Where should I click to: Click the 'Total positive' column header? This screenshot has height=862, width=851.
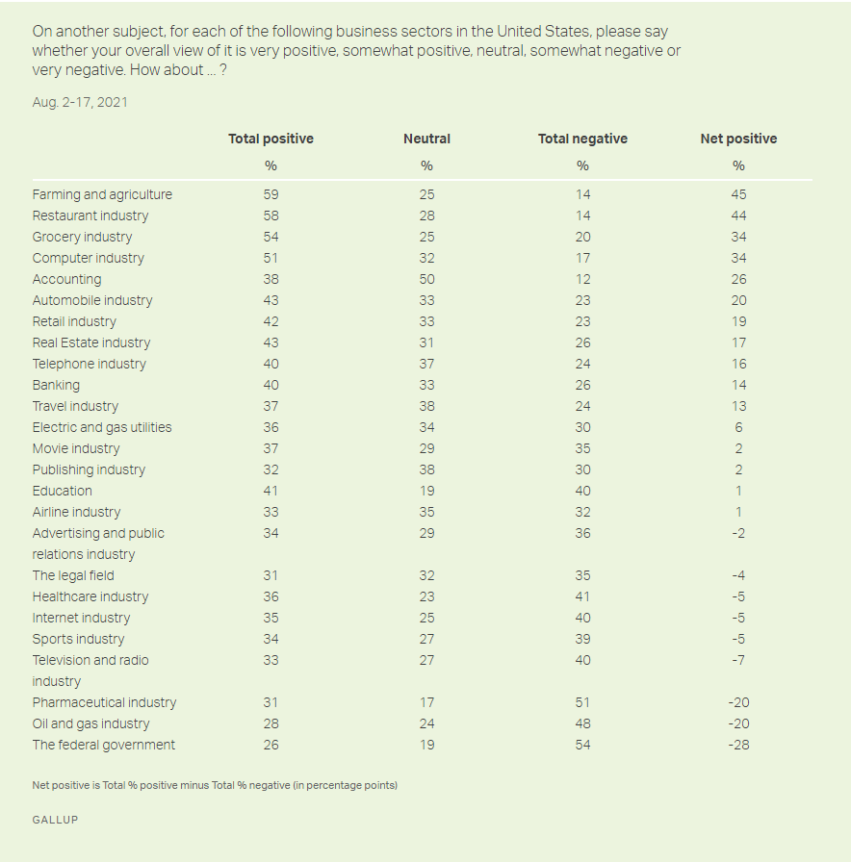pos(271,139)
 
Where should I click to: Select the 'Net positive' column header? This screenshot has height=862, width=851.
pos(738,139)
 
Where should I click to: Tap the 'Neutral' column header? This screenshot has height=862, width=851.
pos(426,139)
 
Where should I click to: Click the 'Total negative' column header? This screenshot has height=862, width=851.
pos(582,139)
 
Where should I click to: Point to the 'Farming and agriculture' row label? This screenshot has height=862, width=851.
pos(102,194)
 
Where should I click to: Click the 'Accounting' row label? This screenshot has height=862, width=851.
pos(66,279)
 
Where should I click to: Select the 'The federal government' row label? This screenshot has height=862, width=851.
pos(104,745)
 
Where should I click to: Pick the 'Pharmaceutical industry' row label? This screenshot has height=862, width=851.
pos(104,702)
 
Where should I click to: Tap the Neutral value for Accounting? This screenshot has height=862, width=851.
pos(426,279)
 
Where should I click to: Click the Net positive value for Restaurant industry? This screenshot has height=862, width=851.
pos(738,215)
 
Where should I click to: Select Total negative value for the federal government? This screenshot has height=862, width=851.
pos(582,745)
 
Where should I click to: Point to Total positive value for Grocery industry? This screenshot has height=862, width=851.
pos(271,237)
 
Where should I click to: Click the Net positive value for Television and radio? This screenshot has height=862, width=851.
pos(738,660)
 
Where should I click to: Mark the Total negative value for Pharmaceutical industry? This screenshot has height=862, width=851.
pos(582,702)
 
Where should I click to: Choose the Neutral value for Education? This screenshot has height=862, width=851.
pos(426,491)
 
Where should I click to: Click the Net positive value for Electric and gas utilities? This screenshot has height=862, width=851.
pos(738,427)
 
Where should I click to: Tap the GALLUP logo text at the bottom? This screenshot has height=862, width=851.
pos(55,820)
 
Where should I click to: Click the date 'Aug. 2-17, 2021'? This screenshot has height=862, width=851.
pos(80,102)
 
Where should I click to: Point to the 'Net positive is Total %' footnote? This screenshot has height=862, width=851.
pos(215,785)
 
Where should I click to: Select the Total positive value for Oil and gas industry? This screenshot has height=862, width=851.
pos(271,723)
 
